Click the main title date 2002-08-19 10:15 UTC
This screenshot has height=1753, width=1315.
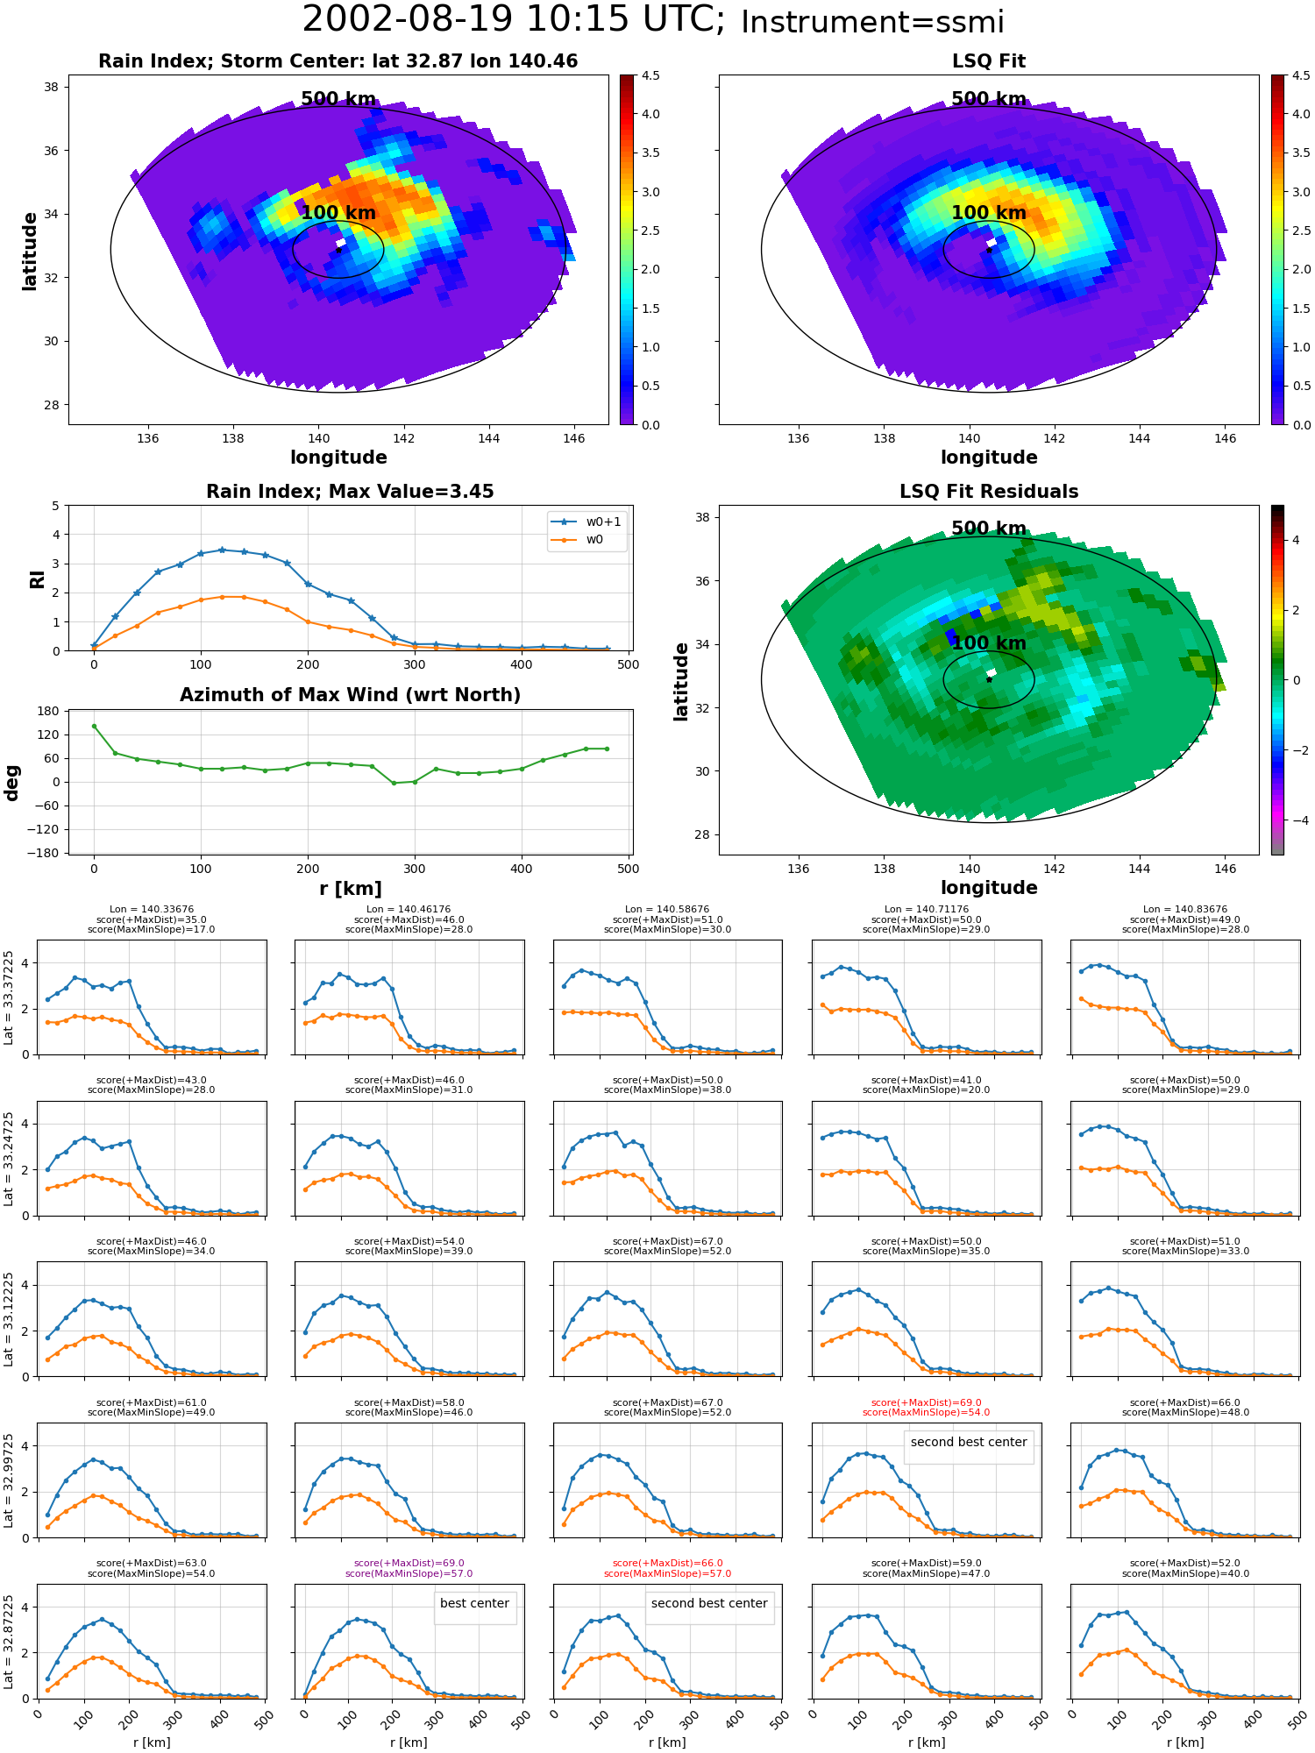514,20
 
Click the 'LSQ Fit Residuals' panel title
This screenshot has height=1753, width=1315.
989,492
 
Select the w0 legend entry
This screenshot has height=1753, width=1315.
579,539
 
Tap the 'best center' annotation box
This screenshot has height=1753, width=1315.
474,1603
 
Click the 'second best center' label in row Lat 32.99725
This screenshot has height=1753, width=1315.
969,1442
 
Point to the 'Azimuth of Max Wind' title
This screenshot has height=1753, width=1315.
350,695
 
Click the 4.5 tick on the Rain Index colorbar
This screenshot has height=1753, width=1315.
650,75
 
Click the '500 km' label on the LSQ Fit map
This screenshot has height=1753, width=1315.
989,99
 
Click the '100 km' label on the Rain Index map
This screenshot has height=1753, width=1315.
338,213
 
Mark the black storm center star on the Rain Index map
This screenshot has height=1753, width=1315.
338,250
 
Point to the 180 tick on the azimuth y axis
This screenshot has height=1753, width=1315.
49,711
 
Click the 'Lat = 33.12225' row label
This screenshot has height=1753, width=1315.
9,1319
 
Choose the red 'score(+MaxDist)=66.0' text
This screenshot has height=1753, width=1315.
667,1563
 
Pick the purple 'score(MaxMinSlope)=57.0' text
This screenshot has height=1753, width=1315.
409,1573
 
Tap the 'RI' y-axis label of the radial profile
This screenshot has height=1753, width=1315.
37,579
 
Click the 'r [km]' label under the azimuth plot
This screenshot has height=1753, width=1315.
351,889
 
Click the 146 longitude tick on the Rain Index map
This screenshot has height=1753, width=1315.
573,438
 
